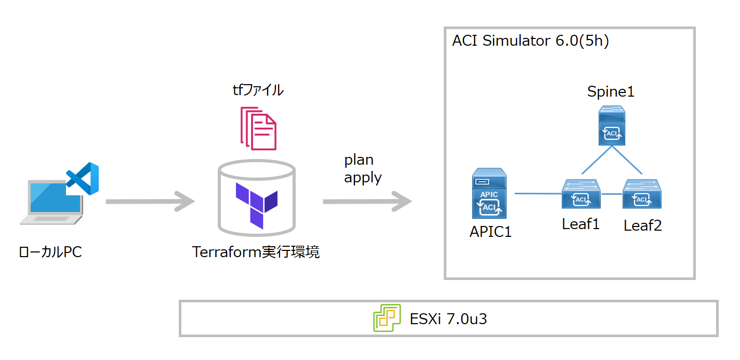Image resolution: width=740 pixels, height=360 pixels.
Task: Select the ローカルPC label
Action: click(x=50, y=252)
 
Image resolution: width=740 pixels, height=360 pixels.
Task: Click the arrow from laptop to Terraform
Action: click(x=150, y=201)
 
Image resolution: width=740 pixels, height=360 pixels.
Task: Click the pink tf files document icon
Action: click(x=258, y=128)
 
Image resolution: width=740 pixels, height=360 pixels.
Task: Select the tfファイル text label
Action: click(x=258, y=90)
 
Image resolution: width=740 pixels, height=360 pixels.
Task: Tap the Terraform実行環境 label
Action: click(x=256, y=252)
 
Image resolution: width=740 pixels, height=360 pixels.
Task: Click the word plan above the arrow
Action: click(x=359, y=160)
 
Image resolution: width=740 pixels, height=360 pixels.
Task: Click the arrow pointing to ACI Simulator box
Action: click(x=367, y=201)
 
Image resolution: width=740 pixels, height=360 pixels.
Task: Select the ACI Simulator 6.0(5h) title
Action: click(x=530, y=42)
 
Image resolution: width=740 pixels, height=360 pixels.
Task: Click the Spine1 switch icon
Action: click(x=611, y=125)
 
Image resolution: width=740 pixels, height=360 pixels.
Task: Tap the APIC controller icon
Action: click(x=490, y=194)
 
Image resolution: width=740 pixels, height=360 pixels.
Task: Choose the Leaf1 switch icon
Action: click(x=582, y=194)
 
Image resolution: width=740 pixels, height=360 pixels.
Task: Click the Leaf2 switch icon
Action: click(x=642, y=194)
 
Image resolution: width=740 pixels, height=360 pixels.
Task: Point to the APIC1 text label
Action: click(x=490, y=232)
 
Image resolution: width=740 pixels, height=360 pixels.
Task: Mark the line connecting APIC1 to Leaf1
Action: click(x=538, y=194)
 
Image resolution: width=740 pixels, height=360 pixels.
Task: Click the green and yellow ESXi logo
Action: click(x=387, y=318)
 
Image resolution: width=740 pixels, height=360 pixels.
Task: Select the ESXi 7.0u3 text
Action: click(x=448, y=318)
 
